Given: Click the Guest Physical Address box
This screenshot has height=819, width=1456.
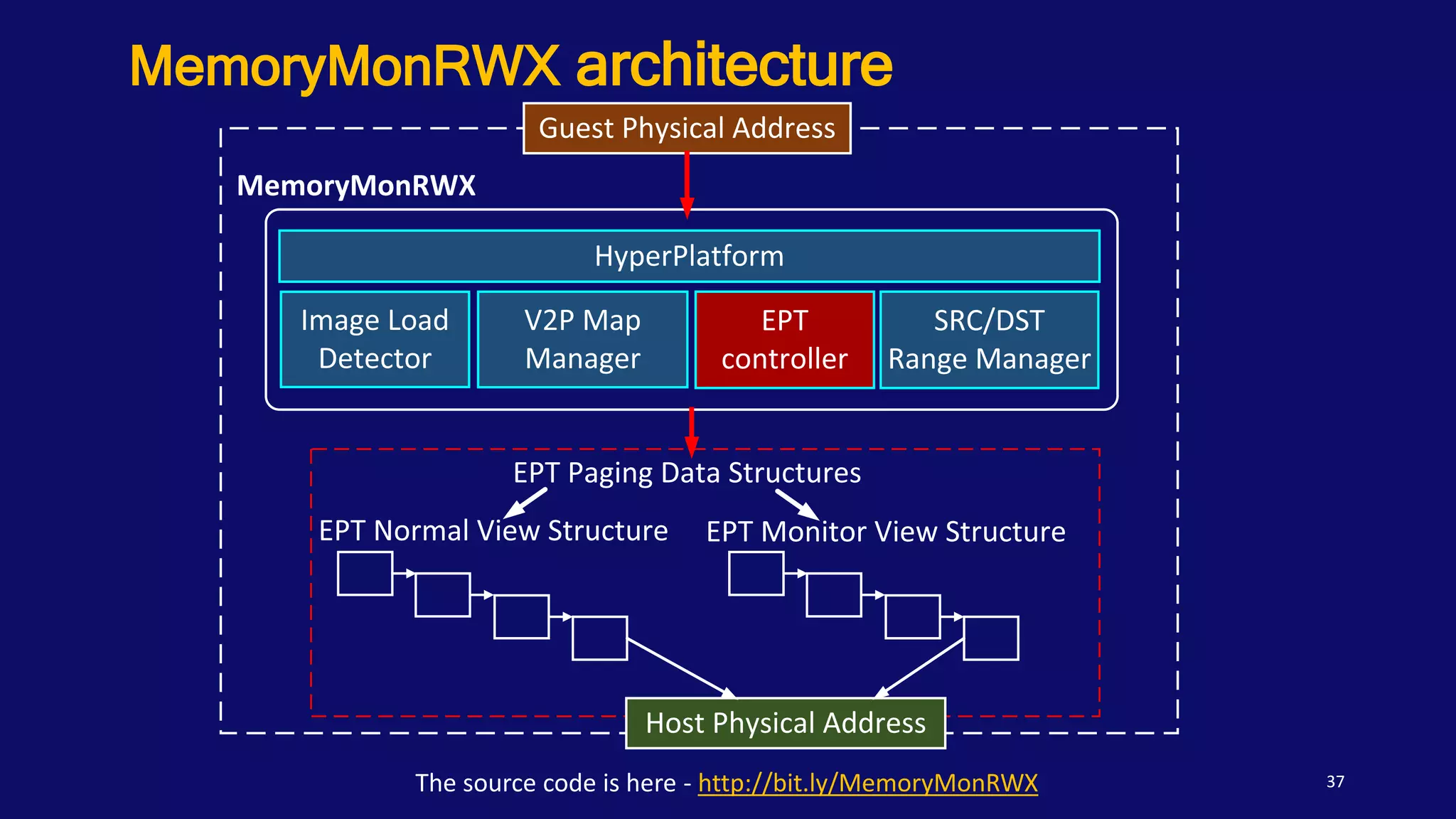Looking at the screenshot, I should point(687,129).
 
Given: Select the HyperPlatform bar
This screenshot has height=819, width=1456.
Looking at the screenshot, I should point(689,256).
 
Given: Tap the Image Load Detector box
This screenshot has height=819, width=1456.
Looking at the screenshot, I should point(375,339).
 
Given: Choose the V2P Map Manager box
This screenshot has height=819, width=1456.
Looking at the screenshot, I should point(582,339).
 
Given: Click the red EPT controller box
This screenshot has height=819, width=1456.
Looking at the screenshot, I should point(784,340).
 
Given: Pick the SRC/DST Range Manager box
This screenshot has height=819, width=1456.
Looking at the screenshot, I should point(989,340).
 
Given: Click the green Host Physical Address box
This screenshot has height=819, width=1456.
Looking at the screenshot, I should point(785,723).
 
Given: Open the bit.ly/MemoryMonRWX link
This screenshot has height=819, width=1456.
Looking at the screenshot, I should point(867,783).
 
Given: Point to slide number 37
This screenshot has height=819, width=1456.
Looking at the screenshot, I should point(1335,782).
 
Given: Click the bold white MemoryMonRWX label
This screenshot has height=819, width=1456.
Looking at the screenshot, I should point(356,186).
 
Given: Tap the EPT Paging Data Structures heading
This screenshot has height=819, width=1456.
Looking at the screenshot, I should point(687,473).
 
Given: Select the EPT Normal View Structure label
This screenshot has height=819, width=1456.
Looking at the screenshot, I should point(493,531).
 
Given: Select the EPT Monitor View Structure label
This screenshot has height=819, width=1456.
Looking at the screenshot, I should point(886,532).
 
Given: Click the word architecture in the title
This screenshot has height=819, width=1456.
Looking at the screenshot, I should point(734,65).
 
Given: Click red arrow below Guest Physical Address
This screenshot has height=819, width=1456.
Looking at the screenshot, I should point(687,183).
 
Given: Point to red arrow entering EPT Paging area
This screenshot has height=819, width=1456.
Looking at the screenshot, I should point(691,432).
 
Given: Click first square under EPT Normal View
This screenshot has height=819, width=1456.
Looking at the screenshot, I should point(365,573).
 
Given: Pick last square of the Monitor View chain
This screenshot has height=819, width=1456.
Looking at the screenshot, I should point(991,638).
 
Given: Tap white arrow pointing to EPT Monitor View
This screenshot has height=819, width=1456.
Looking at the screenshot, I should point(797,503).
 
